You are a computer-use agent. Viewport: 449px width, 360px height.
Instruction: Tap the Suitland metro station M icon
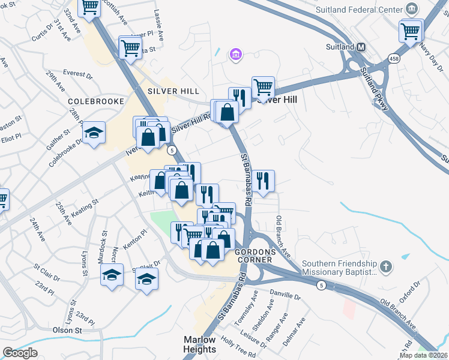tap(361, 47)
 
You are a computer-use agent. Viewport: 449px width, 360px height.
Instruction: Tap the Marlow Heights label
tap(199, 344)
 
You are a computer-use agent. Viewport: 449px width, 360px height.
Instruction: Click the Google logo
tap(19, 353)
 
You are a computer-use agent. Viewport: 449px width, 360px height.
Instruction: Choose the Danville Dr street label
tap(285, 296)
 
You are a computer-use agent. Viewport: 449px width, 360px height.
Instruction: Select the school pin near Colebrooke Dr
tap(94, 133)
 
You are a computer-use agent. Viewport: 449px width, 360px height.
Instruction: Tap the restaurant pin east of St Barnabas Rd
tap(262, 181)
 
